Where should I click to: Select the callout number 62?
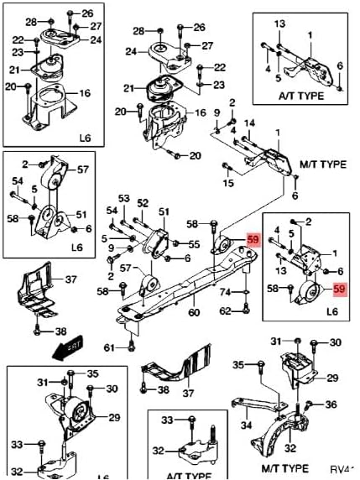(224, 311)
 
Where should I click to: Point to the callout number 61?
(107, 347)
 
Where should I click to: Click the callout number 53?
(124, 199)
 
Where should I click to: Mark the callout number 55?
(194, 244)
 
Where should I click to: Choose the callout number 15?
(228, 184)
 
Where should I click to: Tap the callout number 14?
(249, 123)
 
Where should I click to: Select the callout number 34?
(246, 425)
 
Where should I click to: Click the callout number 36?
(331, 404)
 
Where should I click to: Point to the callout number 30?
(336, 342)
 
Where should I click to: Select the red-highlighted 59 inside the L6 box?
(340, 290)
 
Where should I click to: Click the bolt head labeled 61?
(129, 344)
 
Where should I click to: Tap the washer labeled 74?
(245, 293)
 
